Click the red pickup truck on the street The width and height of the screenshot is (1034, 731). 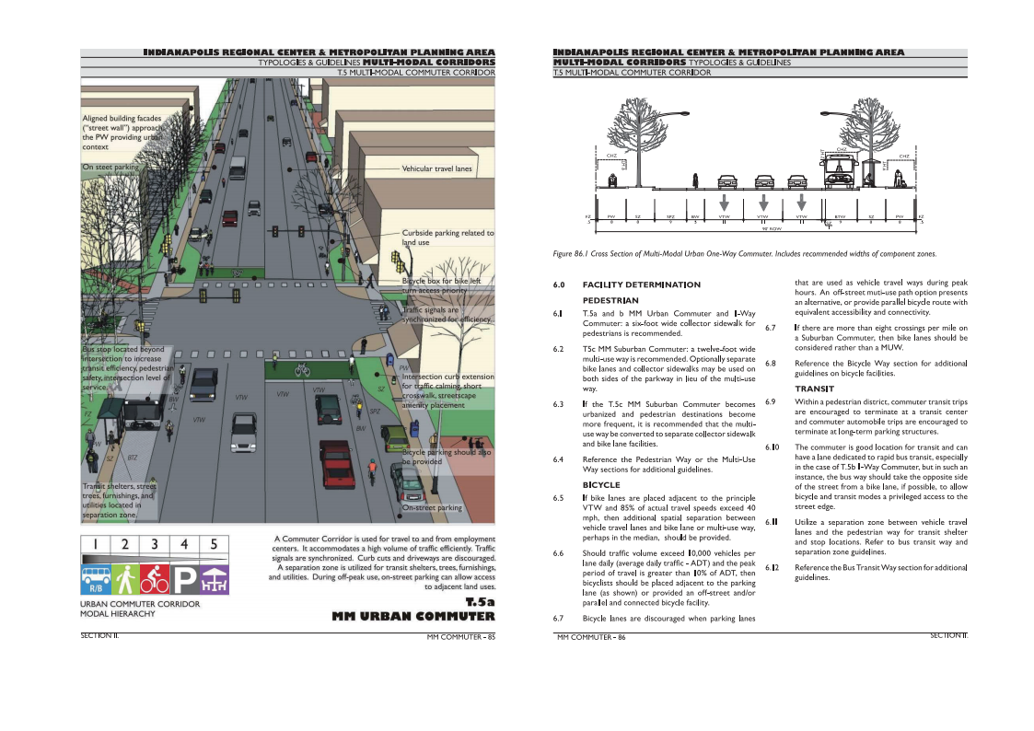337,464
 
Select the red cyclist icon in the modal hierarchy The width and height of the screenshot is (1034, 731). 155,577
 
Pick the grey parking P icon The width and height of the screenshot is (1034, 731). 184,577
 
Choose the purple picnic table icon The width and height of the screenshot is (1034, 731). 214,577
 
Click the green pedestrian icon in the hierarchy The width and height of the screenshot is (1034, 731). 125,577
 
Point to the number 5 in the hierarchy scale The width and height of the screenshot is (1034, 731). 214,544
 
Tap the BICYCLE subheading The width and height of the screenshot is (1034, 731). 601,484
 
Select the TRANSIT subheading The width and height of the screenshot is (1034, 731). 814,389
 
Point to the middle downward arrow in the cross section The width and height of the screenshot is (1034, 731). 762,202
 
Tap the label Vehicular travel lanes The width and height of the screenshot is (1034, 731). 436,169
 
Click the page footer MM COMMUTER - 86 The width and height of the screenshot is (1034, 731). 591,637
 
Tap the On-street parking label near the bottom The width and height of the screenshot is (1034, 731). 432,507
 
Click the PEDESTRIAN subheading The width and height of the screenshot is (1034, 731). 610,300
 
